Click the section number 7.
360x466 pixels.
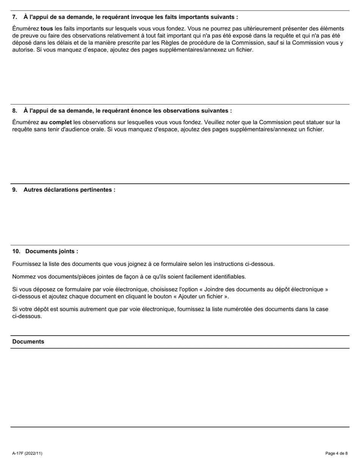(x=14, y=17)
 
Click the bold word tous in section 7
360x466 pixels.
(x=47, y=28)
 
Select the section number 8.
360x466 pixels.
(x=14, y=111)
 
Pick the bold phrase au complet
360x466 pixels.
(x=56, y=122)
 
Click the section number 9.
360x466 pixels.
(x=14, y=189)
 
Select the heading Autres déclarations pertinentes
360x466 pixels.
(x=69, y=189)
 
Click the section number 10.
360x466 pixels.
(x=16, y=251)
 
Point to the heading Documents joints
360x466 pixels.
(x=52, y=251)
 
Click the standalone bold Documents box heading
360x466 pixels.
(x=28, y=342)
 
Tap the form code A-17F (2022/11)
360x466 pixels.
(x=27, y=453)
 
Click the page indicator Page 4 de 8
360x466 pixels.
(x=336, y=453)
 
